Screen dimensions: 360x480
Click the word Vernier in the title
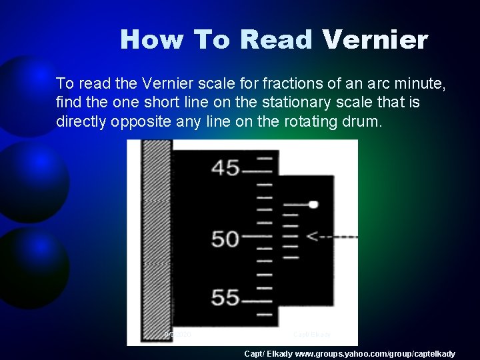(x=374, y=40)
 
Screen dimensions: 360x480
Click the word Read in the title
(x=276, y=40)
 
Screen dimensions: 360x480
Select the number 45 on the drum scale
(x=225, y=168)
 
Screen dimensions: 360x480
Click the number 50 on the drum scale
(x=225, y=239)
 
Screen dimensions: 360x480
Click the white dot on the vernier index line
(x=313, y=205)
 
